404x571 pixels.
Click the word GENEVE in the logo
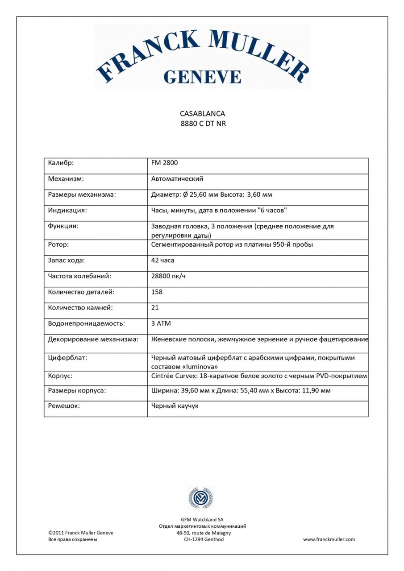(202, 76)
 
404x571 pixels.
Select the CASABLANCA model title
(202, 114)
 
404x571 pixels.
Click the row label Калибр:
(61, 163)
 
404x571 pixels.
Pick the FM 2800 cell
(165, 163)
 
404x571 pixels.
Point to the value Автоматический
(177, 179)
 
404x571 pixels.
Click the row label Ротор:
(58, 244)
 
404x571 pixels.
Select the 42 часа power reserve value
(163, 260)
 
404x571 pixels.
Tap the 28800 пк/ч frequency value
(169, 276)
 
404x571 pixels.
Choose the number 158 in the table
(157, 292)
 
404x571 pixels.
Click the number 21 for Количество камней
(155, 307)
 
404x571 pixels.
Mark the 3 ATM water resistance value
(161, 323)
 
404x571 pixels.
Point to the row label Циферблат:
(67, 358)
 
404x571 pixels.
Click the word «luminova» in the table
(197, 366)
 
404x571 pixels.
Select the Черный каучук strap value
(175, 406)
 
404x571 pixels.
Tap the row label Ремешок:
(64, 406)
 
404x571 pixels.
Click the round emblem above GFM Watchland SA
(200, 498)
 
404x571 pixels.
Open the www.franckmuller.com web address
(329, 539)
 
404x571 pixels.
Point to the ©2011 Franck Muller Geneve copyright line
(81, 533)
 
